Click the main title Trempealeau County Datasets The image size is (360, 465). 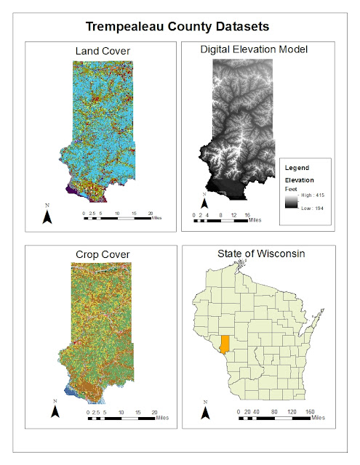pos(178,26)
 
